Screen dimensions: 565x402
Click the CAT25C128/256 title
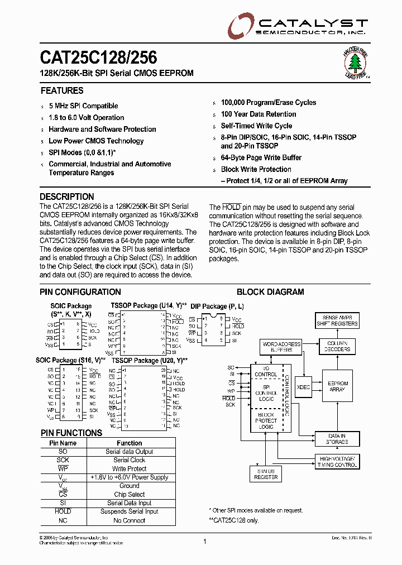[x=98, y=58]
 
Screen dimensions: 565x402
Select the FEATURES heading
[x=62, y=90]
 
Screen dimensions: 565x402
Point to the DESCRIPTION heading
[x=67, y=197]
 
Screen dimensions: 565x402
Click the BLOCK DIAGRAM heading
[x=270, y=292]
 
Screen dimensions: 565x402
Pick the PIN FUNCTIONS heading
[x=71, y=433]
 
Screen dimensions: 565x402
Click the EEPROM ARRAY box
[x=337, y=386]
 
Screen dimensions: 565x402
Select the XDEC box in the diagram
[x=304, y=386]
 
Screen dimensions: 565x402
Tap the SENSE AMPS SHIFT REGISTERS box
[x=337, y=320]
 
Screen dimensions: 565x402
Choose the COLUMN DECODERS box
[x=337, y=346]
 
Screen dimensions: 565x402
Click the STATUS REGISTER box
[x=266, y=474]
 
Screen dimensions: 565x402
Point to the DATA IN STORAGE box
[x=337, y=439]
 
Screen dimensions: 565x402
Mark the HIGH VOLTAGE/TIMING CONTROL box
[x=337, y=461]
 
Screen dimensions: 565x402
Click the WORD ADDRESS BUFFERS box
[x=281, y=347]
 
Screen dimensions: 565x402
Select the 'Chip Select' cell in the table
[x=130, y=494]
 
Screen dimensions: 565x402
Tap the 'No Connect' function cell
[x=130, y=520]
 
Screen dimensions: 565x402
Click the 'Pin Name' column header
[x=63, y=443]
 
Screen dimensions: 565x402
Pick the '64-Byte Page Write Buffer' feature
[x=261, y=158]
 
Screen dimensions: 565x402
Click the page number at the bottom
[x=205, y=541]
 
